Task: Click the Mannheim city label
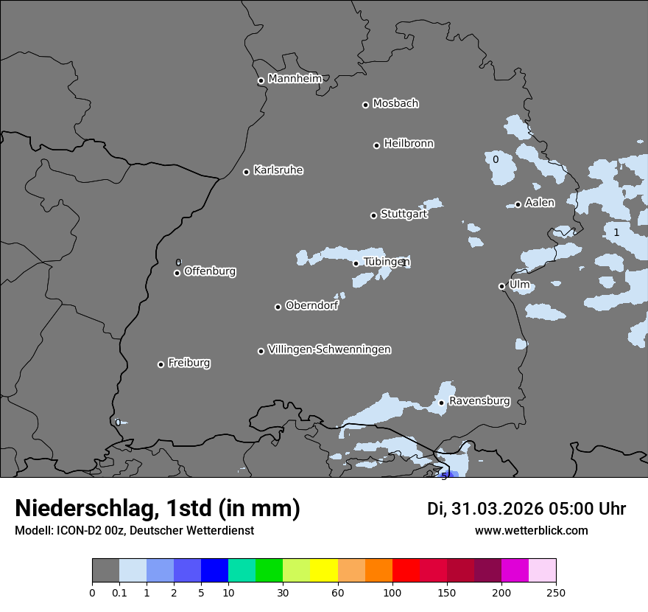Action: [x=295, y=79]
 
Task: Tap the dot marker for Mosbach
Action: [x=365, y=105]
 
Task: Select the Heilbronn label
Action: [x=408, y=144]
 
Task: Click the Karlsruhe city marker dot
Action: [x=247, y=172]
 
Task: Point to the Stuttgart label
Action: [x=404, y=214]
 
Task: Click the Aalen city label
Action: [x=540, y=203]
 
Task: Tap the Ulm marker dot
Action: [x=502, y=286]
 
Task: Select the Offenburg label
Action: [x=210, y=271]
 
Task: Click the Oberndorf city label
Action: [x=311, y=306]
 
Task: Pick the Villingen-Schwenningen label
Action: [x=329, y=350]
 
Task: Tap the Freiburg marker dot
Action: [x=161, y=364]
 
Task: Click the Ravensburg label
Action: [x=479, y=401]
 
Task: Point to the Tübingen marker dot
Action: [x=356, y=263]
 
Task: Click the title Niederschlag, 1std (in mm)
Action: [x=158, y=509]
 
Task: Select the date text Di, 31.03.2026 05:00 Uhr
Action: [x=526, y=509]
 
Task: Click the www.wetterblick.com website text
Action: [x=531, y=531]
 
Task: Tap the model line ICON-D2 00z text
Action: [x=134, y=531]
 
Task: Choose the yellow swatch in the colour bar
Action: [x=324, y=571]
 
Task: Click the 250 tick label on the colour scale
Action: [x=556, y=592]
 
